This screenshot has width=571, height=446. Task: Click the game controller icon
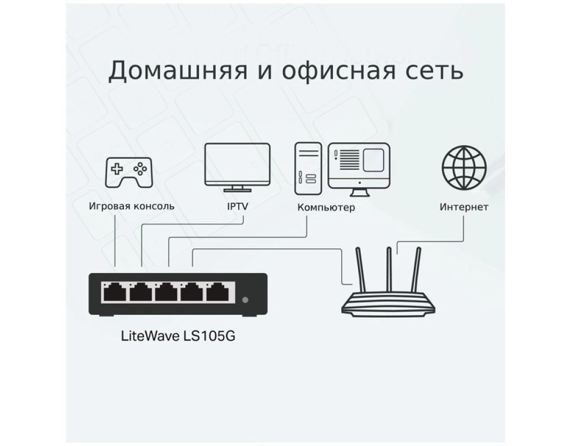click(x=129, y=172)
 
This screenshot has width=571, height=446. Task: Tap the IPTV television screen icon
click(x=238, y=167)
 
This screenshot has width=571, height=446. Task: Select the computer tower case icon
click(x=308, y=168)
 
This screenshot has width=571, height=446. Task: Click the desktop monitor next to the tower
click(x=359, y=169)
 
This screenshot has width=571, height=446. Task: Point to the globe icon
click(x=464, y=167)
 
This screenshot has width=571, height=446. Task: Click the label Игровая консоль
click(x=132, y=206)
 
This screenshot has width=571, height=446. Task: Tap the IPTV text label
click(x=238, y=206)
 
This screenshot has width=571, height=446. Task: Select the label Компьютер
click(x=326, y=207)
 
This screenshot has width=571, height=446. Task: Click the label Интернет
click(x=463, y=207)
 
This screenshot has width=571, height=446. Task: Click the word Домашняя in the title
click(x=178, y=70)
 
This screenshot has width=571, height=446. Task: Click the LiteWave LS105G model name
click(x=178, y=335)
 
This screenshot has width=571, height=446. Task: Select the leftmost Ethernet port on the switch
click(x=115, y=292)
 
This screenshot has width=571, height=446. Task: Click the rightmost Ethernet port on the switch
click(x=217, y=292)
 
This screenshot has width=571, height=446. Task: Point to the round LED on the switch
click(x=245, y=300)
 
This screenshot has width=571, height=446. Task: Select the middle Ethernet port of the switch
click(x=166, y=292)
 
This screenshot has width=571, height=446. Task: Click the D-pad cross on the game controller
click(x=117, y=169)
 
